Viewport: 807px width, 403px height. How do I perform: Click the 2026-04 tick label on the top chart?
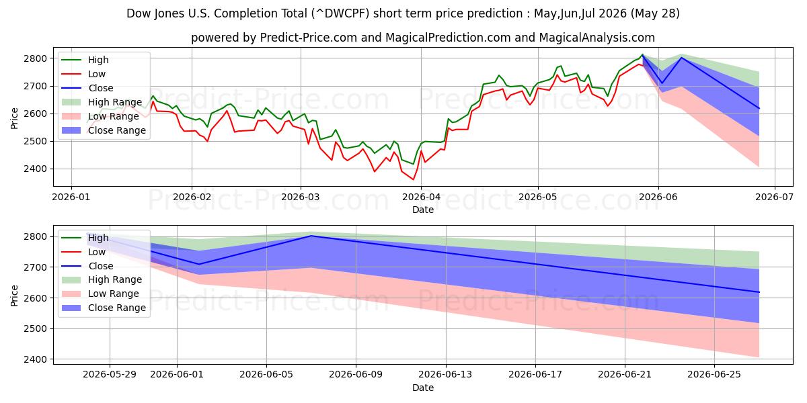click(x=421, y=197)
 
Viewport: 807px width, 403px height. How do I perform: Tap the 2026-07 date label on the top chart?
click(x=774, y=197)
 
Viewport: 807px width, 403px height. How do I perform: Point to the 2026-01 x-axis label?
click(x=71, y=197)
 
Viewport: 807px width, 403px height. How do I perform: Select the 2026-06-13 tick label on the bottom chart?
click(x=445, y=375)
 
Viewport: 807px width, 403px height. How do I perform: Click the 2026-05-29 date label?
click(x=110, y=375)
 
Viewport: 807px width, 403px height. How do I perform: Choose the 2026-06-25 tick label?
click(x=714, y=375)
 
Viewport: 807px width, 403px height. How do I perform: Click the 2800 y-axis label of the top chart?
click(x=35, y=58)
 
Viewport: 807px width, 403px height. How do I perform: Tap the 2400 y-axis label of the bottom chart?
click(x=35, y=359)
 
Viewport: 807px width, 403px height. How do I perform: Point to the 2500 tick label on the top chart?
click(x=35, y=142)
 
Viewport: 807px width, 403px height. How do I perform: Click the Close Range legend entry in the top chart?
click(x=104, y=130)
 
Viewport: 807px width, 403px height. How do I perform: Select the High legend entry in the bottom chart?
click(x=85, y=238)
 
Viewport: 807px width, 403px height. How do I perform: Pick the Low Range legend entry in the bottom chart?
click(x=100, y=294)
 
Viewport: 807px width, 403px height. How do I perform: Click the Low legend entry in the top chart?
click(x=83, y=74)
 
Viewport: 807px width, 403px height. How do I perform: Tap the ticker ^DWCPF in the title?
click(x=340, y=13)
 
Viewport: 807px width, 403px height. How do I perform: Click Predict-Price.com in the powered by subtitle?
click(x=309, y=38)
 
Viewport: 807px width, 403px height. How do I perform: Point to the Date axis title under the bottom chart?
click(x=423, y=388)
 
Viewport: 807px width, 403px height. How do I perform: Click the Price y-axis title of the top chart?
click(x=14, y=118)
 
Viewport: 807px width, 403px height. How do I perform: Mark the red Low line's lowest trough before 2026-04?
click(x=413, y=179)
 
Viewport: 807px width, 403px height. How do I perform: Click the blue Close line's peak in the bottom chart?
click(x=311, y=236)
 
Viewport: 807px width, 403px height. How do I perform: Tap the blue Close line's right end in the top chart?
click(x=759, y=108)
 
